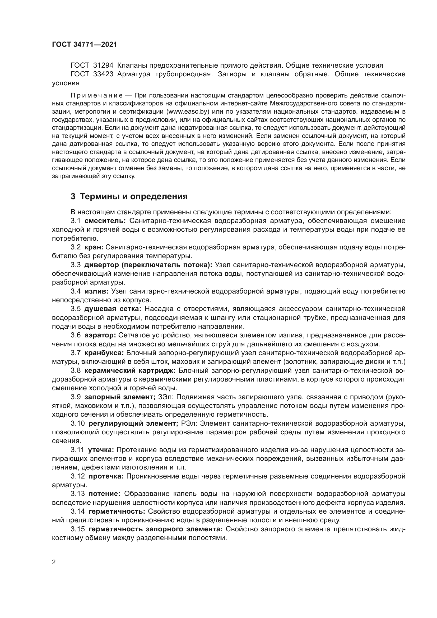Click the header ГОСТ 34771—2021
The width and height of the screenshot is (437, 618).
tap(85, 44)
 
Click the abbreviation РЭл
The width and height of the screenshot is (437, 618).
tap(189, 423)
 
